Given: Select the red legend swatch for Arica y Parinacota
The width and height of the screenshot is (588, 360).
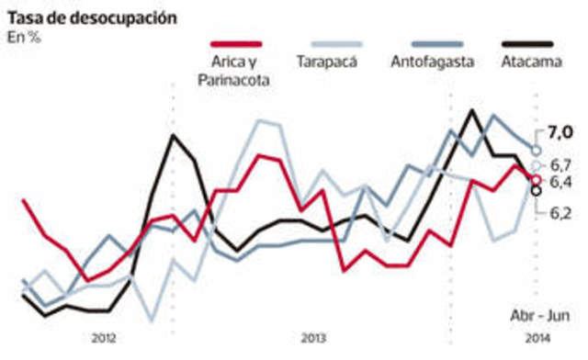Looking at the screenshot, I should [236, 44].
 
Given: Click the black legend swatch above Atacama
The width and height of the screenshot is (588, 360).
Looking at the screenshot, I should [527, 44].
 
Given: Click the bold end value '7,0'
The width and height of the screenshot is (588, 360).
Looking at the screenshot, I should [560, 134].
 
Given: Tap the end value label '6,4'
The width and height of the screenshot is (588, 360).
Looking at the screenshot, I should [561, 182].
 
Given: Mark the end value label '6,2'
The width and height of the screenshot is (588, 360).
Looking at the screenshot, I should [561, 212].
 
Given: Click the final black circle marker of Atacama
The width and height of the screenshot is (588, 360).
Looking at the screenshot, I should [537, 190].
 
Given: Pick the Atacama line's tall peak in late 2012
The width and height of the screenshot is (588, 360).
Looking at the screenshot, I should [173, 136].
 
